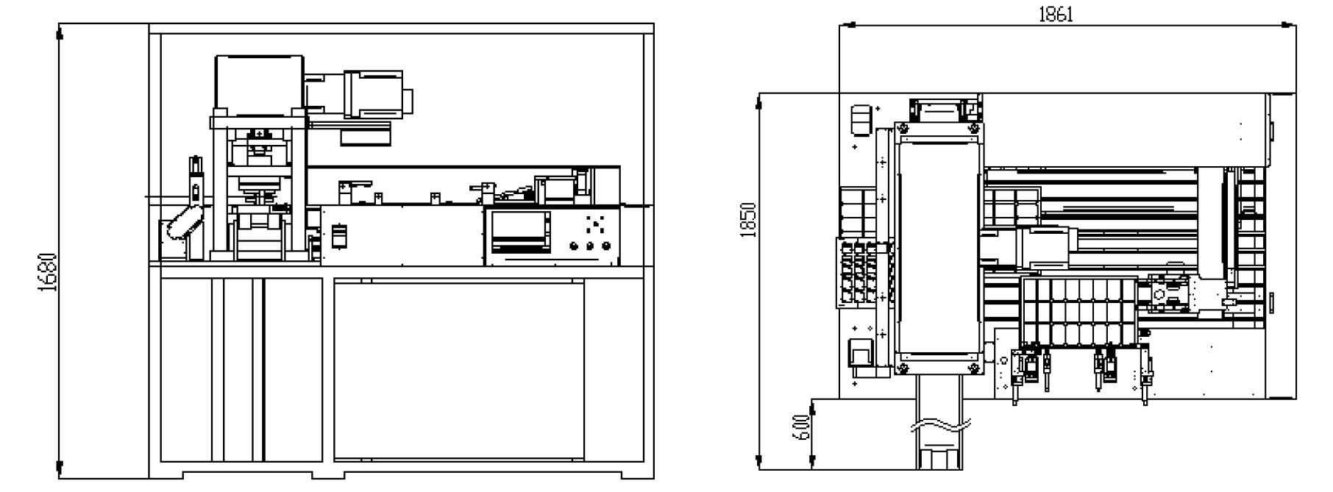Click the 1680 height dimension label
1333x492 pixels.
[x=49, y=273]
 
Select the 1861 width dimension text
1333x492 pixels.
[x=1056, y=14]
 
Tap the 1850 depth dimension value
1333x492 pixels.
[x=748, y=219]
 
